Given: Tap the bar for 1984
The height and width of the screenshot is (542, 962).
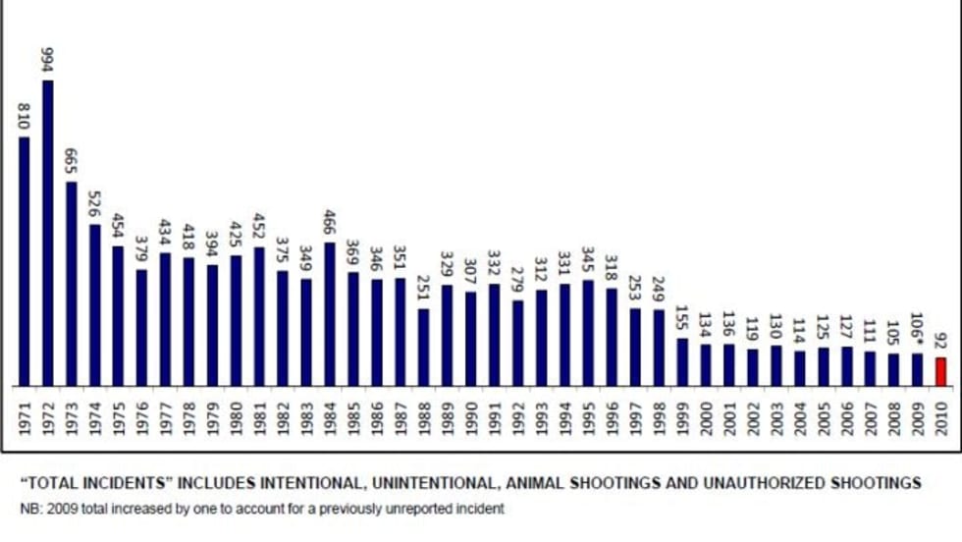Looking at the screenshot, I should coord(330,313).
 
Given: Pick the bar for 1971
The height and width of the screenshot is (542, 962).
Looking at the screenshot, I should coord(24,260).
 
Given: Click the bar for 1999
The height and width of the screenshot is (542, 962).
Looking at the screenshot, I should coord(682,361).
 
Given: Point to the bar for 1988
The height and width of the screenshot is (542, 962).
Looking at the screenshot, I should coord(424,347).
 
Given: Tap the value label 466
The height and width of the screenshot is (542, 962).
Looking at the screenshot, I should coord(330,221).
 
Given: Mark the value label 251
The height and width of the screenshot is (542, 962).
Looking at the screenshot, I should coord(424,288).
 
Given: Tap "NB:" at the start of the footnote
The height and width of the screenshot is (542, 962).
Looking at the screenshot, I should coord(31,509).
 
